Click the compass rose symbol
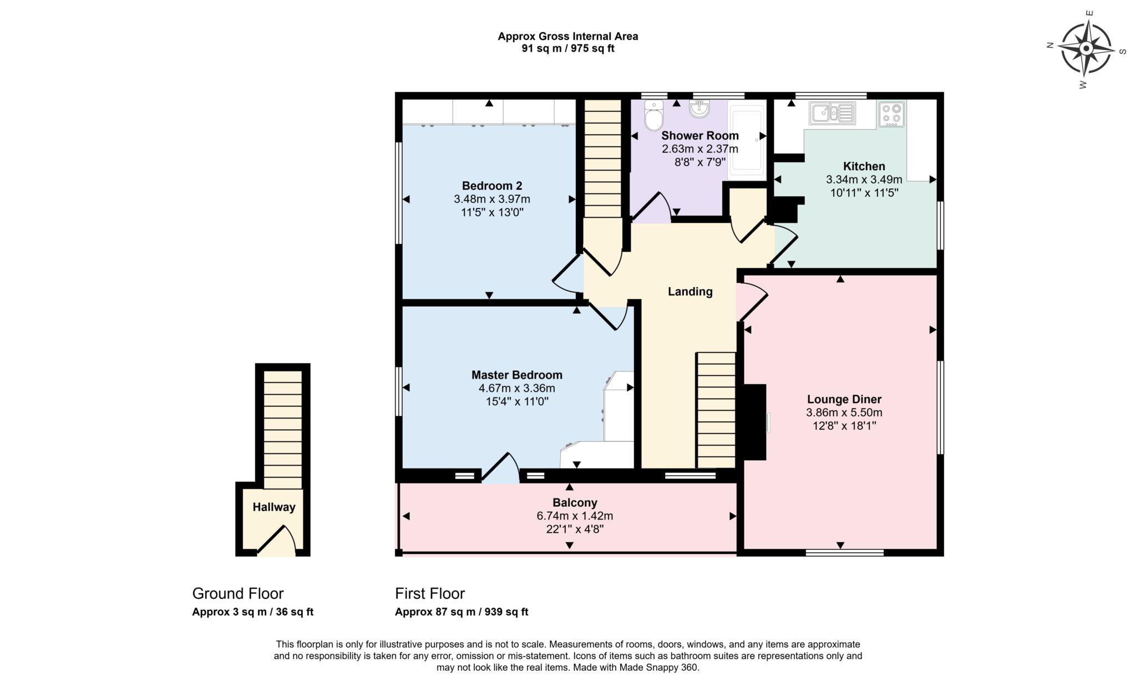click(x=1086, y=49)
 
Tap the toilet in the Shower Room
click(x=654, y=116)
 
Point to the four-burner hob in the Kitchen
click(x=891, y=114)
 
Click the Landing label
click(x=689, y=292)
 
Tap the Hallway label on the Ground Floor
click(x=274, y=507)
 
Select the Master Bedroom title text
click(x=516, y=375)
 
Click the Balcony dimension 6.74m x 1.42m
click(x=574, y=516)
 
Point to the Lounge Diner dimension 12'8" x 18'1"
click(x=844, y=426)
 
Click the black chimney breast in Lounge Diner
click(x=754, y=422)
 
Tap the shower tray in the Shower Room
click(x=745, y=141)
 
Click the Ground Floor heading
click(x=238, y=594)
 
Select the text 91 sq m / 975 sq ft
click(x=567, y=49)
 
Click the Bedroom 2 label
click(x=492, y=186)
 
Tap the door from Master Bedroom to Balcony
click(x=500, y=468)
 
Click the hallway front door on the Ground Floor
click(x=276, y=541)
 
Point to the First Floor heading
click(x=430, y=594)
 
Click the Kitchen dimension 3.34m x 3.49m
click(x=864, y=180)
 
